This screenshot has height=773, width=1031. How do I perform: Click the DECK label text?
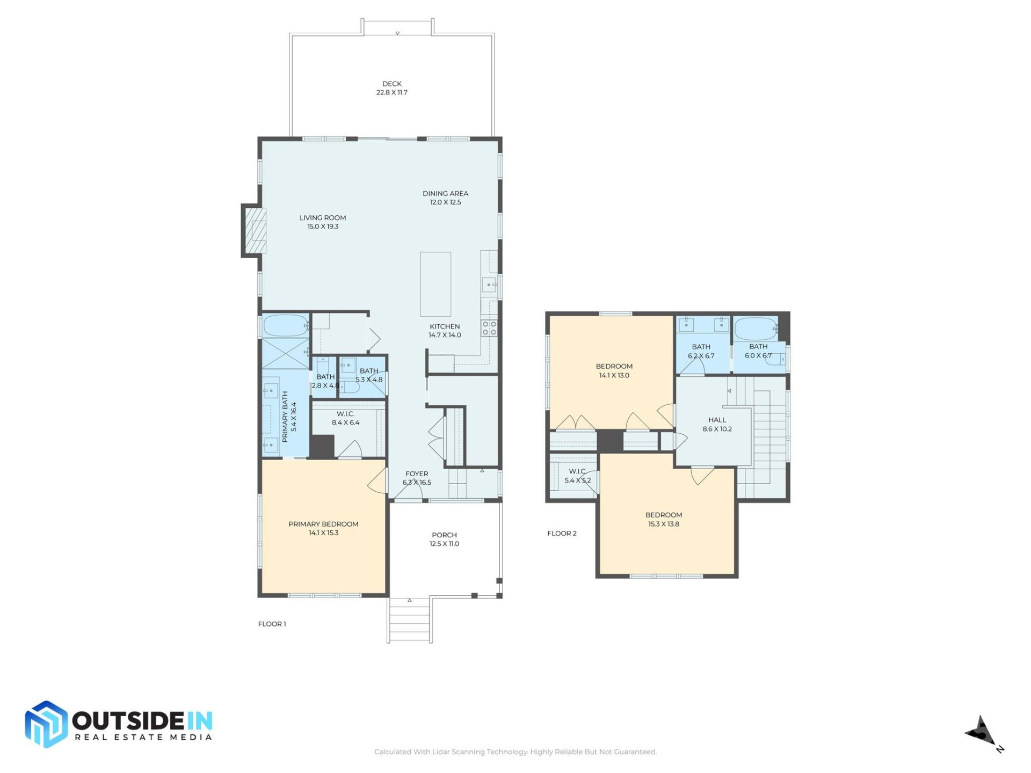click(391, 84)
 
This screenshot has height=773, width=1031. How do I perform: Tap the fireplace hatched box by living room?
click(256, 230)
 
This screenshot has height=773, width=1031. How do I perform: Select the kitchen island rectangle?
click(435, 284)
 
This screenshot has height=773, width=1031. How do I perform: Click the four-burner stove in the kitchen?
click(489, 328)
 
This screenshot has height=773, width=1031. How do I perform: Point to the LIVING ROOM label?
click(322, 217)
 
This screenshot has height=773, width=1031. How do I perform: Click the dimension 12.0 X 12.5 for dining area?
click(445, 202)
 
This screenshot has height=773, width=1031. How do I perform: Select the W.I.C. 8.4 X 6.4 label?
click(345, 418)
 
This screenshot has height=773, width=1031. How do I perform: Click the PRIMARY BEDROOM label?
click(323, 524)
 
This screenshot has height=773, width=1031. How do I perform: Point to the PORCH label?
click(444, 535)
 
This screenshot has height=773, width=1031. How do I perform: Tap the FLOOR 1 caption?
click(272, 624)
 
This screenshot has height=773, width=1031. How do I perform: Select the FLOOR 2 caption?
click(562, 533)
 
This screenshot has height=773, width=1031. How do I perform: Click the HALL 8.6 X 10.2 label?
click(717, 424)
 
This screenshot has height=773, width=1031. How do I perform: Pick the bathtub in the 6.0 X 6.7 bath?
click(756, 328)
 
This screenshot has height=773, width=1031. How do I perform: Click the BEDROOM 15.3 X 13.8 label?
click(664, 519)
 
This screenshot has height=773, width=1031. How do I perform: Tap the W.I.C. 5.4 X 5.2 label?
click(577, 476)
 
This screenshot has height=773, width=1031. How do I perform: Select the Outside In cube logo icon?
click(46, 724)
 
